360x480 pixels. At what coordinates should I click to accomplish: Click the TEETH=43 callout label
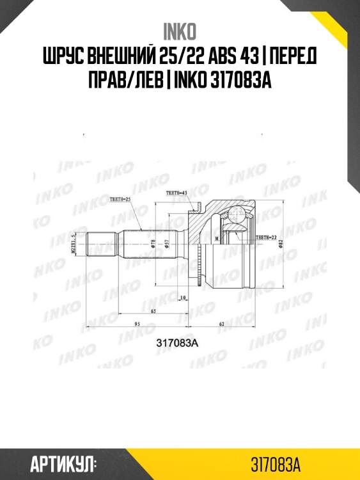(176, 192)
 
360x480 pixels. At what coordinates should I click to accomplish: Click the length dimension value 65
(153, 310)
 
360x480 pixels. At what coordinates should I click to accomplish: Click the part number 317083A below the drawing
(178, 342)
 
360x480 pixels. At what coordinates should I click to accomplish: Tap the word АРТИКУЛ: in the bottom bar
(63, 462)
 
